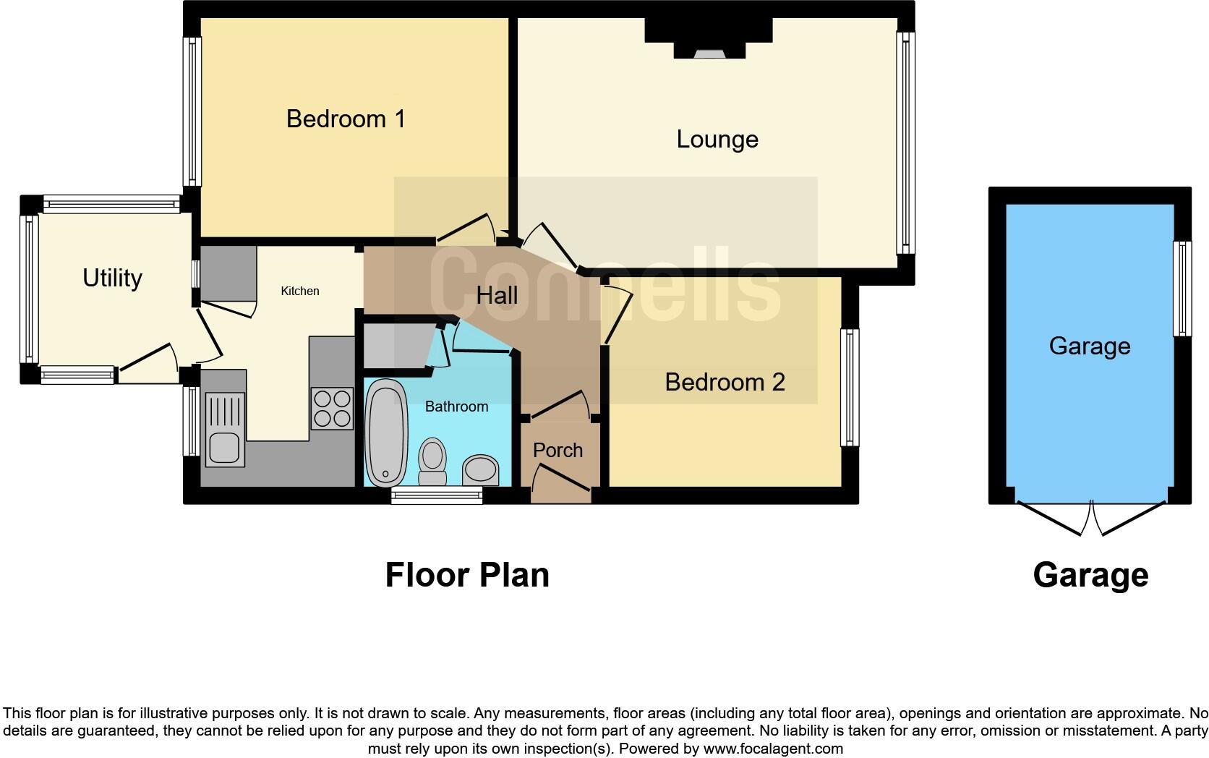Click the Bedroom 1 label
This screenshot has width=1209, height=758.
tap(346, 119)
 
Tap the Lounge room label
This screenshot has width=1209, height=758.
tap(717, 139)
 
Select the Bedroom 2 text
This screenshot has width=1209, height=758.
tap(725, 382)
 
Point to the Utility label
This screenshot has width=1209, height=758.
tap(112, 278)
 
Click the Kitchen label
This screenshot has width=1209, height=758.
tap(299, 291)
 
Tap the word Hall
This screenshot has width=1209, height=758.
tap(497, 295)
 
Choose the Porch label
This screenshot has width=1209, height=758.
tap(557, 450)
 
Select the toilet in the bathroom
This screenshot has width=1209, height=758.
tap(433, 461)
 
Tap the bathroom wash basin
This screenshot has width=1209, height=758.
tap(480, 469)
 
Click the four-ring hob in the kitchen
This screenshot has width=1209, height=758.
tap(332, 409)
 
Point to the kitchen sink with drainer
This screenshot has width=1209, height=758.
tap(224, 429)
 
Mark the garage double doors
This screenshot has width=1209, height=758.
tap(1092, 518)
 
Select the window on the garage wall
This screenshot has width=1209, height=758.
tap(1182, 289)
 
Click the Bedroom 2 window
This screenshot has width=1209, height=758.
tap(850, 387)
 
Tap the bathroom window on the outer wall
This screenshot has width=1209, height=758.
tap(437, 495)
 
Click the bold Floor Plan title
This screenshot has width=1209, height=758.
tap(467, 575)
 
